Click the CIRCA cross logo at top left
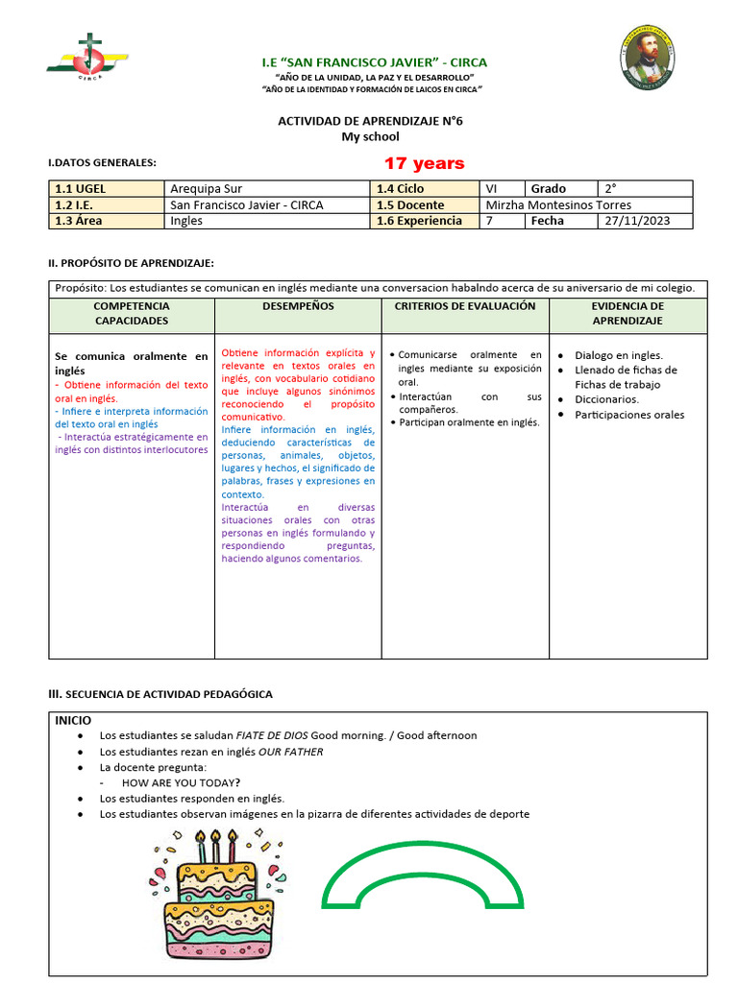tap(86, 59)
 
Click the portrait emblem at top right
tap(648, 59)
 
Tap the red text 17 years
tap(424, 163)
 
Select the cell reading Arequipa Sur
tap(206, 189)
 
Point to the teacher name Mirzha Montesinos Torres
tap(559, 204)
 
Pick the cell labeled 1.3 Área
tap(79, 221)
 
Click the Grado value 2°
tap(610, 189)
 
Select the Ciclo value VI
tap(492, 189)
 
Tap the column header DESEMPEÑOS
tap(298, 306)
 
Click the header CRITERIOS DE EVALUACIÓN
tap(465, 306)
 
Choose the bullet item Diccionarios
tap(606, 399)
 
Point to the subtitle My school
tap(370, 137)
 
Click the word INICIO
tap(73, 720)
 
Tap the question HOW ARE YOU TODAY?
tap(181, 782)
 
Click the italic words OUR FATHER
tap(290, 752)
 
